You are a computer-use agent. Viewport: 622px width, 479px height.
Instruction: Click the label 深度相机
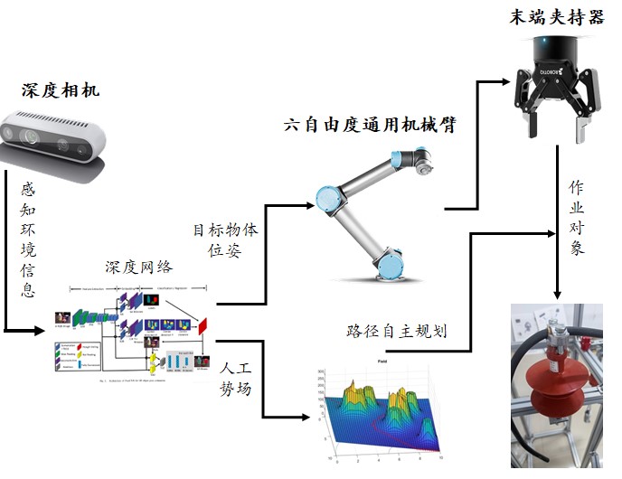60,91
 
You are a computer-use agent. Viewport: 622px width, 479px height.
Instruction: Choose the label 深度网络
138,268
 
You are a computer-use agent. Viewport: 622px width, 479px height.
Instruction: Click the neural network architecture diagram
136,330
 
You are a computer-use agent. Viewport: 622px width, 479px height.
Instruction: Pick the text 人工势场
234,379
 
